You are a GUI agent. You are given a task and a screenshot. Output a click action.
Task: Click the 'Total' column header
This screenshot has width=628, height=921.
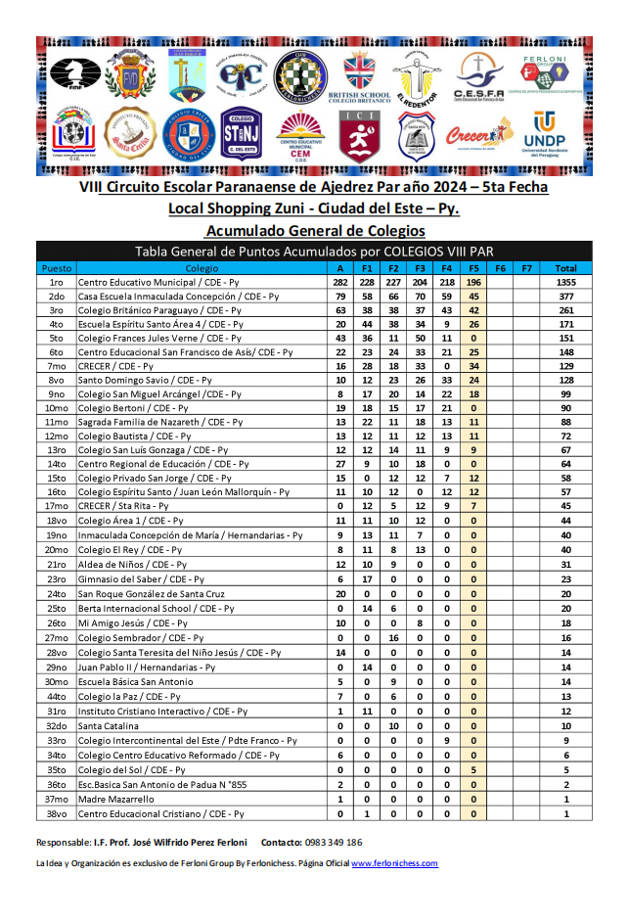tap(564, 268)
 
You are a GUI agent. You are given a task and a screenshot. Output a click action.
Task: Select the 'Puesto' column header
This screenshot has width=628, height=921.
tap(56, 268)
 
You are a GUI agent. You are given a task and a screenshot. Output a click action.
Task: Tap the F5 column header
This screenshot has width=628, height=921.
tap(473, 268)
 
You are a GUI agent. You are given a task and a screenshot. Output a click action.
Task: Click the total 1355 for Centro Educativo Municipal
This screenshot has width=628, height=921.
tap(564, 282)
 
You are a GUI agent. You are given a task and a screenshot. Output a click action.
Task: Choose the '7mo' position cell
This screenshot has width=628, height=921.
tap(56, 366)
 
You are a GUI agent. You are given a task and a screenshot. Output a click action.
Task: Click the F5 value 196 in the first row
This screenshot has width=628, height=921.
tap(473, 282)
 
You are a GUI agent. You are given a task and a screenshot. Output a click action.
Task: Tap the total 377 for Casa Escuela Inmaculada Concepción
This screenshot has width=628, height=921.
tap(564, 296)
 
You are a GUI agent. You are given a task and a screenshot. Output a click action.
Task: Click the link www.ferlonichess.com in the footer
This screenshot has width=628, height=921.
tap(394, 863)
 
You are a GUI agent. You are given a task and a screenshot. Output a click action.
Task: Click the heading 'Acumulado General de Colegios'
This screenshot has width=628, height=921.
tap(315, 231)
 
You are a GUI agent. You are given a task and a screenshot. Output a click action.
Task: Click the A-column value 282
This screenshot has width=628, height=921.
tap(340, 282)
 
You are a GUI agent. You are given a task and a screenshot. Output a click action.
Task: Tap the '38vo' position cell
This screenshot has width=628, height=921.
tap(56, 813)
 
